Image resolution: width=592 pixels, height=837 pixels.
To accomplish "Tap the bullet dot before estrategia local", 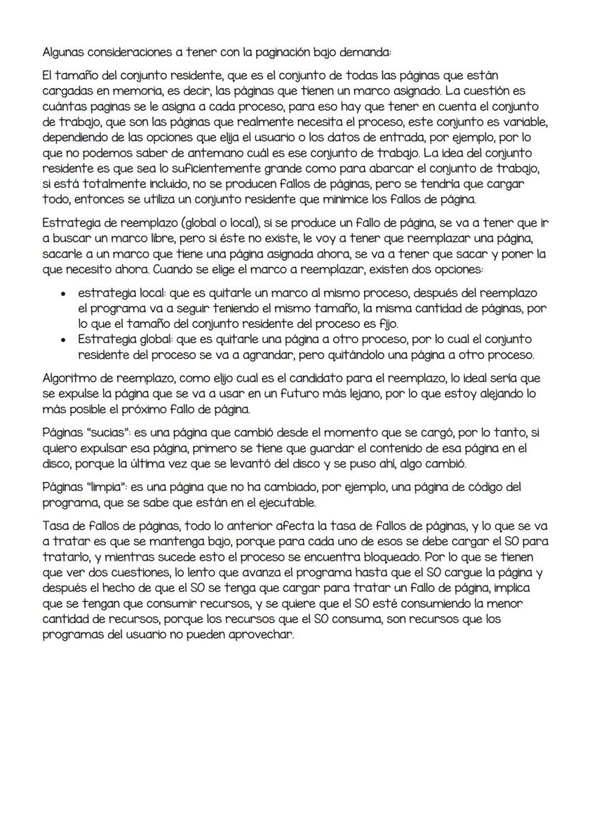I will [66, 294].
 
